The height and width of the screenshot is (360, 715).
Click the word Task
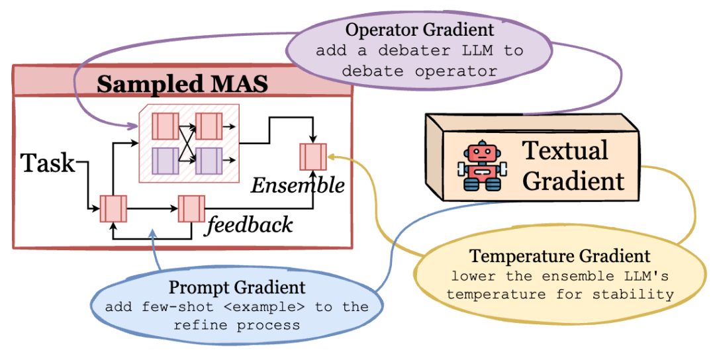coord(48,163)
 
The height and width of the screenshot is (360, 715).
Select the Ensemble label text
coord(297,185)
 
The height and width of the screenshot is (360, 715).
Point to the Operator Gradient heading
coord(420,30)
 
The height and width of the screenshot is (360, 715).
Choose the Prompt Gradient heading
coord(237,287)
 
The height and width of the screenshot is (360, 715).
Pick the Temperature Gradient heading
coord(560,256)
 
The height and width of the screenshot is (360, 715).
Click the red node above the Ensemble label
coord(312,156)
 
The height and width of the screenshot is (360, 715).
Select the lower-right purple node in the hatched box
coord(208,161)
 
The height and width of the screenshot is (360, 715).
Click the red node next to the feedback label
coord(191,208)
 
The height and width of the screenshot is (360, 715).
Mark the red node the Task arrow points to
coord(113,208)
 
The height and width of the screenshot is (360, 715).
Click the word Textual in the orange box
coord(565,150)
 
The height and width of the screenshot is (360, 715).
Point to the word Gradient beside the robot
coord(573,181)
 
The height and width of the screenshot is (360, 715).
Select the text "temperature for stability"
coord(560,293)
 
